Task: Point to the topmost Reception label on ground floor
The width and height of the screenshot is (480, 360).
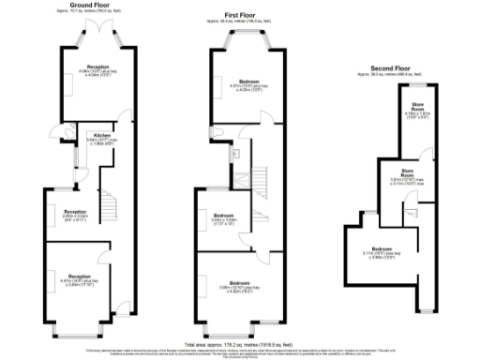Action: [x=97, y=67]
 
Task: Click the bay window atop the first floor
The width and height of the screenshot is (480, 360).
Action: [x=238, y=44]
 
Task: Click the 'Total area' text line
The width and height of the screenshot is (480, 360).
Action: [x=240, y=343]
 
